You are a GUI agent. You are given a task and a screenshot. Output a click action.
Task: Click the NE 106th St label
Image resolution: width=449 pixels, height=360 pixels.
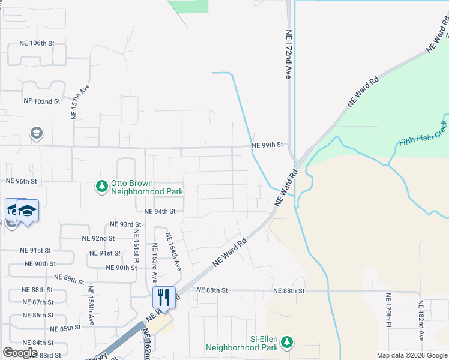click(37, 43)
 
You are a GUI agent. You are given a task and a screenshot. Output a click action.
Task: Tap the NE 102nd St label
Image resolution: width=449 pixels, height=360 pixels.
click(41, 101)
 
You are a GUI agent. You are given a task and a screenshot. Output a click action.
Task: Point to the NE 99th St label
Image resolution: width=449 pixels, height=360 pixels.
click(267, 145)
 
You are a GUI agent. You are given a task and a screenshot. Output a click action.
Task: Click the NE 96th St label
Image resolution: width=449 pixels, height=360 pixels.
click(22, 181)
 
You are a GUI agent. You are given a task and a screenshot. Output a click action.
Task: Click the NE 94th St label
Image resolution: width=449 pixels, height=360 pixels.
click(160, 211)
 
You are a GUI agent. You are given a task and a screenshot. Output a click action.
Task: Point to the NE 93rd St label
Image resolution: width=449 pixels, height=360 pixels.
click(125, 224)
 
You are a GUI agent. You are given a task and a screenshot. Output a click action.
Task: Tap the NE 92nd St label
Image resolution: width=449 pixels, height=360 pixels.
click(98, 238)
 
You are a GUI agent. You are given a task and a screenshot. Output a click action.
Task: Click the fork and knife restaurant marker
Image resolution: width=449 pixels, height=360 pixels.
click(164, 296)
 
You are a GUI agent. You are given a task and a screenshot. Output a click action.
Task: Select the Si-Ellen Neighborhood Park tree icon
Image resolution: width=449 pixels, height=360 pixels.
click(287, 342)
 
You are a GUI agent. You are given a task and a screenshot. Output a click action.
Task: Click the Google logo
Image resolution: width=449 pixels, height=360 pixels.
click(20, 353)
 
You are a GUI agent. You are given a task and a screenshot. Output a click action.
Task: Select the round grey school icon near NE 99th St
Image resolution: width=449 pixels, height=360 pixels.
click(36, 133)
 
